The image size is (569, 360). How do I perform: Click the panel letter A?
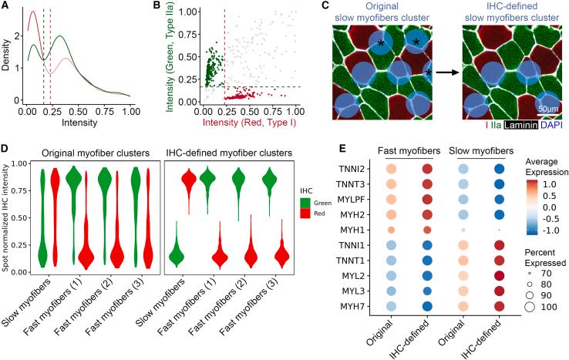(x=5, y=7)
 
